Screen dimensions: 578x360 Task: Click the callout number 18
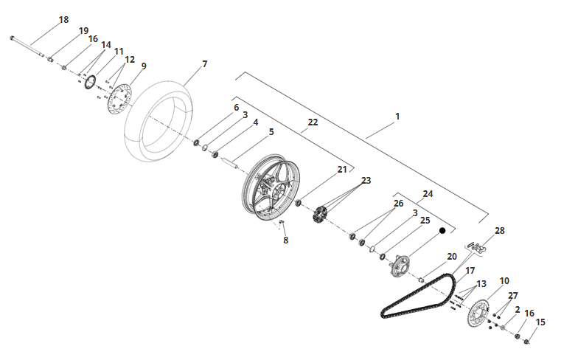63,19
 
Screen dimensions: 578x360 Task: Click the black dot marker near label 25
442,230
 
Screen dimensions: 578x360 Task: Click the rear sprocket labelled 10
478,314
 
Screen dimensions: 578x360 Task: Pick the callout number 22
313,122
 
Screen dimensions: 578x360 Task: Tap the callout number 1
397,117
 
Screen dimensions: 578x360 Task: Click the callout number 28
500,230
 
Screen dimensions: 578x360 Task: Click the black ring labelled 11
90,82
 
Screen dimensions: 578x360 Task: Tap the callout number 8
286,240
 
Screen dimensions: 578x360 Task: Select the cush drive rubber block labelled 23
319,215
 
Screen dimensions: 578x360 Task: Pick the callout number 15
540,322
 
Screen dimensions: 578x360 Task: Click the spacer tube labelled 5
230,162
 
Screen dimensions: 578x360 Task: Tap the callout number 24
428,193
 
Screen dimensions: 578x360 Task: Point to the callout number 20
452,257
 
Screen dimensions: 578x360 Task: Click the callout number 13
481,283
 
